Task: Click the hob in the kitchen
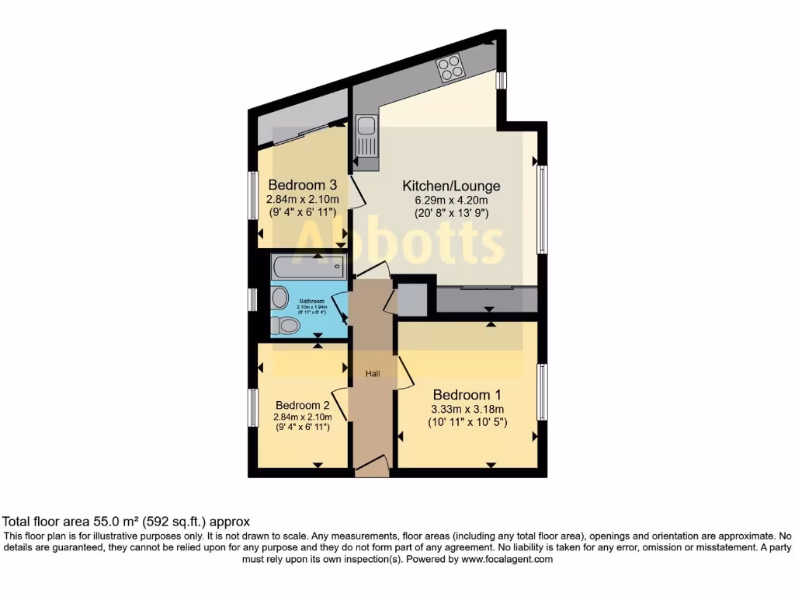pyautogui.click(x=451, y=68)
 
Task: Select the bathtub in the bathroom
pyautogui.click(x=308, y=268)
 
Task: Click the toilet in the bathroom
pyautogui.click(x=287, y=325)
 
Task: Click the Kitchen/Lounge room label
pyautogui.click(x=451, y=186)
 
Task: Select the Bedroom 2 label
pyautogui.click(x=302, y=405)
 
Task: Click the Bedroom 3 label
pyautogui.click(x=302, y=185)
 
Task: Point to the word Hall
pyautogui.click(x=373, y=374)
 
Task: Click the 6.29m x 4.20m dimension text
pyautogui.click(x=451, y=200)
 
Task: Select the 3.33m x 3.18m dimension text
pyautogui.click(x=467, y=410)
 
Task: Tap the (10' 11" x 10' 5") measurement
pyautogui.click(x=467, y=423)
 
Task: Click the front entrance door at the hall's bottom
pyautogui.click(x=371, y=467)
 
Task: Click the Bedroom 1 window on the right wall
pyautogui.click(x=543, y=391)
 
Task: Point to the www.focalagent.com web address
pyautogui.click(x=506, y=559)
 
